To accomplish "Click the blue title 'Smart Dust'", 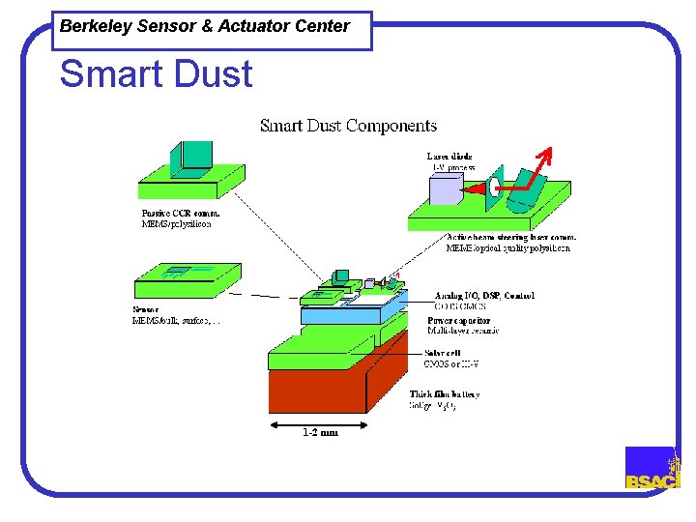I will [156, 74].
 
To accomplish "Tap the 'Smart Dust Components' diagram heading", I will [348, 126].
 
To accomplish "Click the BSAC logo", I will [652, 468].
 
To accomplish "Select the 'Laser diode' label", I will [449, 156].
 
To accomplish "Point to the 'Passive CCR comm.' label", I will [181, 213].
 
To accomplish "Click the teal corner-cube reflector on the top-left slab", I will [191, 156].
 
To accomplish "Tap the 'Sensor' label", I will [146, 310].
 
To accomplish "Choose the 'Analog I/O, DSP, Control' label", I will [484, 295].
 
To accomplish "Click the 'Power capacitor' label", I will [458, 320].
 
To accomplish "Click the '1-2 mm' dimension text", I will [319, 432].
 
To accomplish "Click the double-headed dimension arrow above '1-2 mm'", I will [319, 421].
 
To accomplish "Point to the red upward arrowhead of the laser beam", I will [545, 152].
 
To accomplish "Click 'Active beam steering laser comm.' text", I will [511, 237].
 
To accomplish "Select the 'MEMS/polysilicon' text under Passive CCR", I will [177, 224].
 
